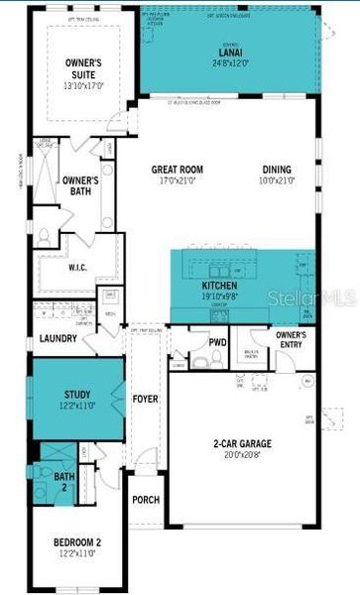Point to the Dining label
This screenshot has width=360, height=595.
278,169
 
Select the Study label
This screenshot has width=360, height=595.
77,395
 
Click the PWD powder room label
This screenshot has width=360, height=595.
218,342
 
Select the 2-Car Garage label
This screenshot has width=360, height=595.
242,443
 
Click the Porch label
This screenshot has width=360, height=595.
146,500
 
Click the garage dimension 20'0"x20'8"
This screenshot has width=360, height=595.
242,455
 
